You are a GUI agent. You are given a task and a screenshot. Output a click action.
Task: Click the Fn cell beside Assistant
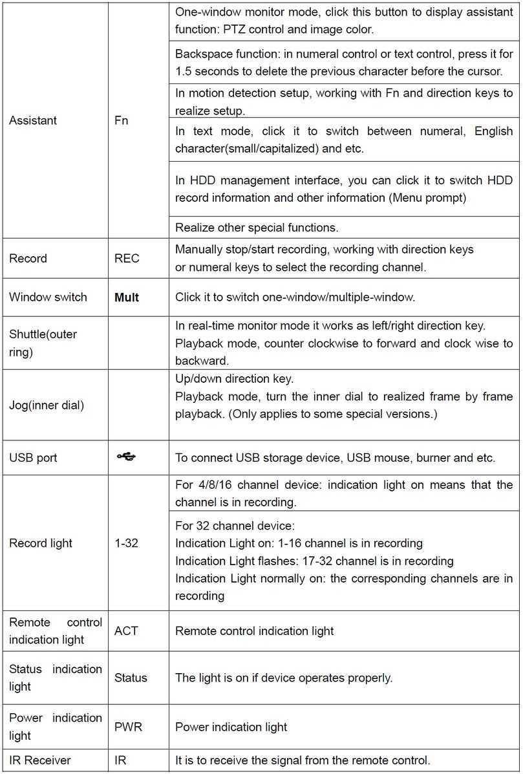pos(122,121)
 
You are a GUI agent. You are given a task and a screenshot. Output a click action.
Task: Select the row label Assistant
pos(33,121)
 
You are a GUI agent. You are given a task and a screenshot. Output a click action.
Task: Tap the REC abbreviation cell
pos(127,259)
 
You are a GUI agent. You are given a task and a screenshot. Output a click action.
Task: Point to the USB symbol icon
pos(127,457)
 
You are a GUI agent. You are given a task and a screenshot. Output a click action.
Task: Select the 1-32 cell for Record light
pos(126,544)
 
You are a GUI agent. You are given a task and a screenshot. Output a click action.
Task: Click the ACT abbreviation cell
pos(126,630)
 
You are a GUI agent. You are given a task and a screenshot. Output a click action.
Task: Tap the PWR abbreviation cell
pos(128,727)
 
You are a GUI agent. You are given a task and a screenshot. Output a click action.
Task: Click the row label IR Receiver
pos(40,760)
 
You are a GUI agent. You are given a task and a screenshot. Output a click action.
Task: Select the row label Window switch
pos(48,297)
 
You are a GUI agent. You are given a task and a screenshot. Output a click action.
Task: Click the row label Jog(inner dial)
pos(47,405)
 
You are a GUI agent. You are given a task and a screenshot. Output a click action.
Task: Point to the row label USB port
pos(33,458)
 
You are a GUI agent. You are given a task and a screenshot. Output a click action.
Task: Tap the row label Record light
pos(41,544)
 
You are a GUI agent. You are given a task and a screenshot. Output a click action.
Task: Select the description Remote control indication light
pos(255,630)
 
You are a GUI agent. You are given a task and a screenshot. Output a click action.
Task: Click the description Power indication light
pos(231,727)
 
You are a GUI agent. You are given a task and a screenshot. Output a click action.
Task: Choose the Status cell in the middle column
pos(131,678)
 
